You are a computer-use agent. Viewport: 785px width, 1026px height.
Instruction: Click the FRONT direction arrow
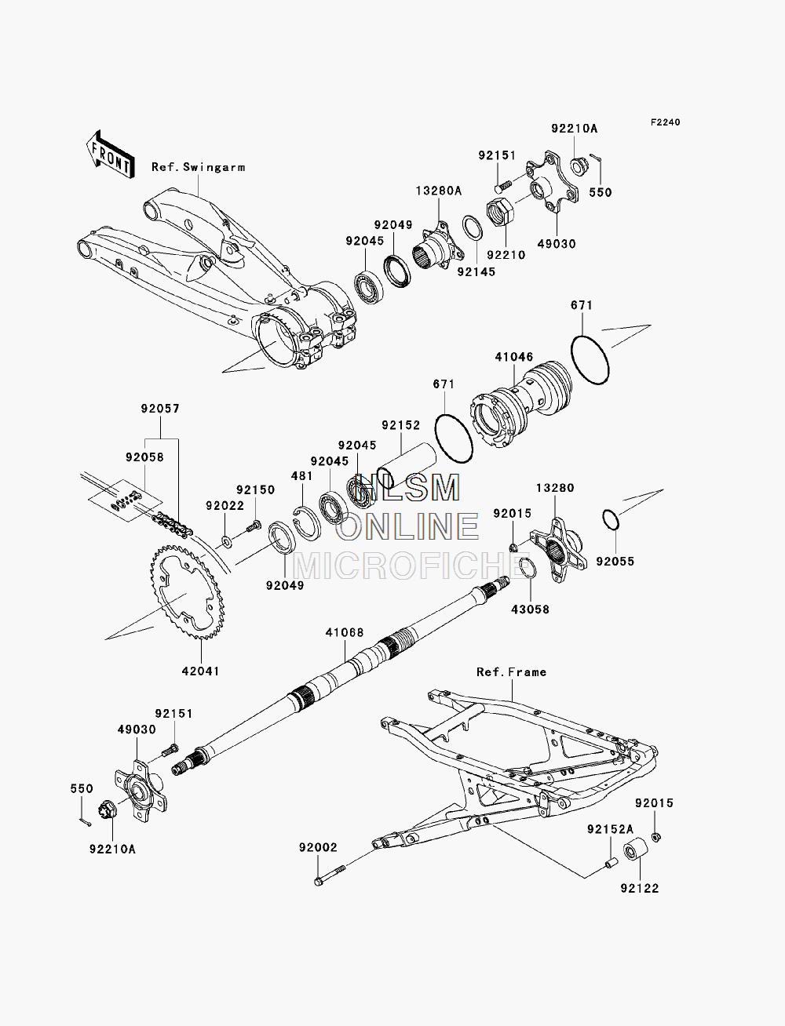(x=110, y=155)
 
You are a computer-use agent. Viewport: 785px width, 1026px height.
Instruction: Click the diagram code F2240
(x=665, y=122)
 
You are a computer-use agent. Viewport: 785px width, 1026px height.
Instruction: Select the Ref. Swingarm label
(x=198, y=167)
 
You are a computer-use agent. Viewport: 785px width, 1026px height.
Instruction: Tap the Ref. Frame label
(x=511, y=671)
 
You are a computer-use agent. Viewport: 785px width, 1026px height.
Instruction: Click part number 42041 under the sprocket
(x=200, y=671)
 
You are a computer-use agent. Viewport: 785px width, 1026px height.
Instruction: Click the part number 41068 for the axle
(x=345, y=632)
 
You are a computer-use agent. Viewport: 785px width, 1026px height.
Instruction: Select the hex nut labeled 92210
(x=500, y=212)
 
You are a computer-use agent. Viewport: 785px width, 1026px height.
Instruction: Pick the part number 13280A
(x=438, y=191)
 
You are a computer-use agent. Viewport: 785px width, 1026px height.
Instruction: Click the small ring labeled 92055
(x=611, y=520)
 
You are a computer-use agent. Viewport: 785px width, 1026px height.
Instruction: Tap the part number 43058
(x=530, y=609)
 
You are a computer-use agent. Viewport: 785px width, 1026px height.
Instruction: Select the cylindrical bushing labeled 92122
(x=636, y=849)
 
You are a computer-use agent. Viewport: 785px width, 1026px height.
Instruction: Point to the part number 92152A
(x=610, y=829)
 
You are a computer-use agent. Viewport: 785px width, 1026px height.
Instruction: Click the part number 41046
(x=513, y=357)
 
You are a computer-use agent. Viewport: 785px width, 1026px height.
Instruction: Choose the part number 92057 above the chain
(x=160, y=409)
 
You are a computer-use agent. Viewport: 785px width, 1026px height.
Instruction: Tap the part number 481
(x=301, y=476)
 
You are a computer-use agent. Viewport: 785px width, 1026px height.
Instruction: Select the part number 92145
(x=476, y=271)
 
